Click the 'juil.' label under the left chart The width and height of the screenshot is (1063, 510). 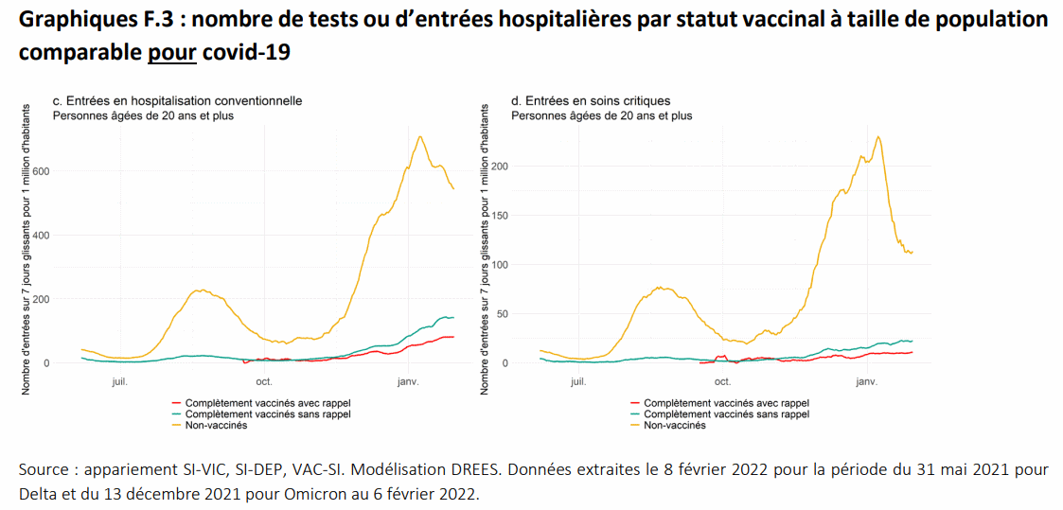tap(119, 381)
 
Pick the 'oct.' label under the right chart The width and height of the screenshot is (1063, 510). tap(722, 381)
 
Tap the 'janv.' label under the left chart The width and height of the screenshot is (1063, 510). tap(407, 381)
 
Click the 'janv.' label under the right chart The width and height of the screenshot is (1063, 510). tap(866, 381)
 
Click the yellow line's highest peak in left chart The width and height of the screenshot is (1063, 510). tap(419, 136)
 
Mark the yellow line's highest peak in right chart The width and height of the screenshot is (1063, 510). tap(878, 136)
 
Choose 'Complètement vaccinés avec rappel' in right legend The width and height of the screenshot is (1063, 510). tap(726, 402)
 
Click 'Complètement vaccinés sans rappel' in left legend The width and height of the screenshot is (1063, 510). tap(268, 413)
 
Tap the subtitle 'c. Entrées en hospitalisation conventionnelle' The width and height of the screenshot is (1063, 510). tap(177, 100)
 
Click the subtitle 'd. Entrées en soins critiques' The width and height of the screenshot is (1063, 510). tap(591, 100)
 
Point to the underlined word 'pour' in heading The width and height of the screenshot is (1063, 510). tap(171, 52)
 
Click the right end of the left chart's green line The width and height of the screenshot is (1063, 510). tap(453, 317)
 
